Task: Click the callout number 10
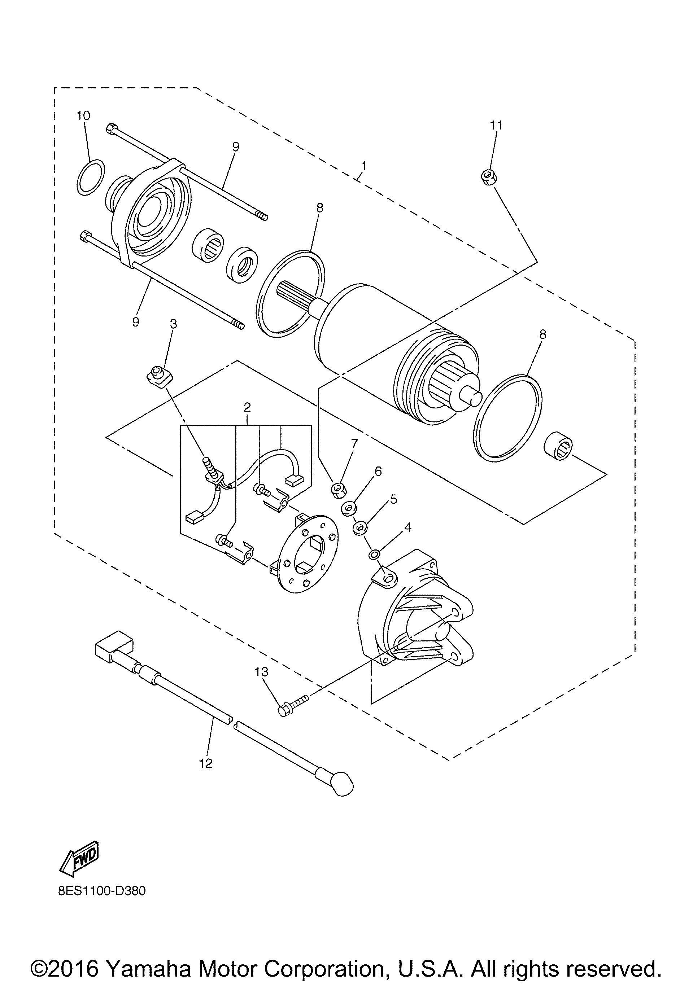83,115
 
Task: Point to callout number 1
364,165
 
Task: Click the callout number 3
174,324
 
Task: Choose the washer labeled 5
359,528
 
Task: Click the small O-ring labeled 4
374,555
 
